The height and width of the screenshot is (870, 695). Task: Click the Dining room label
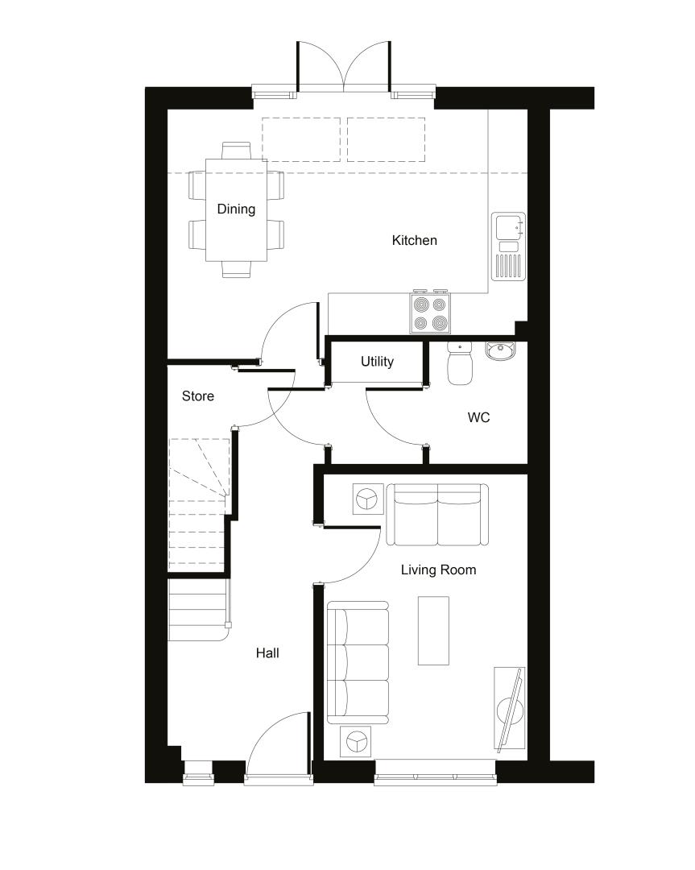(x=236, y=209)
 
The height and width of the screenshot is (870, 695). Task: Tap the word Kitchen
(x=414, y=240)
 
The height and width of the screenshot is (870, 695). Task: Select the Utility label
(x=377, y=362)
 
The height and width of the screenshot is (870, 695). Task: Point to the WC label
(x=478, y=417)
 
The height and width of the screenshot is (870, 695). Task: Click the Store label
(x=198, y=396)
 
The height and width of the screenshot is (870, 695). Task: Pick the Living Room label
(x=438, y=570)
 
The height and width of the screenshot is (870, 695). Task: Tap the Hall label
(x=267, y=653)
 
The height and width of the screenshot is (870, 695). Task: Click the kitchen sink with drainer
(x=508, y=246)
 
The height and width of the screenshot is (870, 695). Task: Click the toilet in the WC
(x=459, y=363)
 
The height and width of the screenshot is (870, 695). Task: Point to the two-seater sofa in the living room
(x=437, y=514)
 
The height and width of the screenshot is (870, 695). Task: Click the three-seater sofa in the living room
(x=358, y=662)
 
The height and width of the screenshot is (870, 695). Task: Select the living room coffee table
(x=433, y=630)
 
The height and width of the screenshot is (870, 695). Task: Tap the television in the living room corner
(x=510, y=709)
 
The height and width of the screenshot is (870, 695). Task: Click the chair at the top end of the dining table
(x=236, y=151)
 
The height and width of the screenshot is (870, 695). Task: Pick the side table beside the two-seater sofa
(x=368, y=499)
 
